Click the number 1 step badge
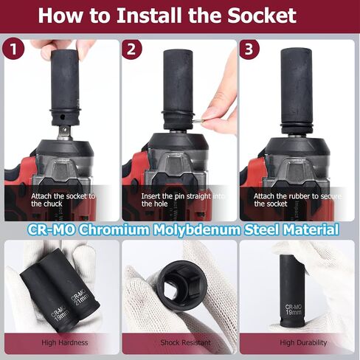pos(13,49)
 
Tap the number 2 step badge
pos(131,49)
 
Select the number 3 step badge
pos(249,49)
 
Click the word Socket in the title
pos(262,15)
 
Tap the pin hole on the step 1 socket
pos(63,115)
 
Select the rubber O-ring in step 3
pos(297,128)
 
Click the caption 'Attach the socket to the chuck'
pos(63,200)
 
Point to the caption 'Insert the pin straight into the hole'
pos(183,200)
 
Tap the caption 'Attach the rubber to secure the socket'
pos(297,200)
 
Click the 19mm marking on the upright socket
pos(293,313)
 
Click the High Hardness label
pos(64,342)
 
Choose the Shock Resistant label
pos(185,342)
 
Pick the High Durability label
pos(303,343)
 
